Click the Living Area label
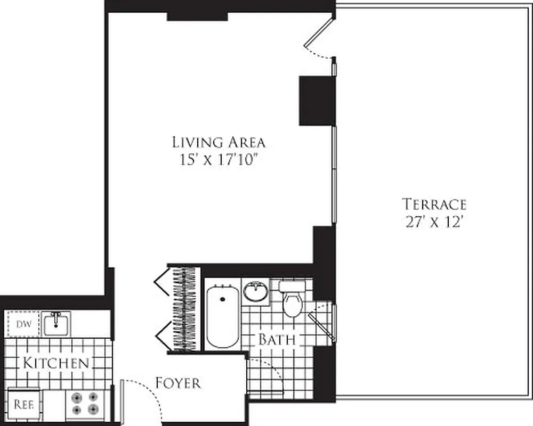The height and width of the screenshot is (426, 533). pos(219,142)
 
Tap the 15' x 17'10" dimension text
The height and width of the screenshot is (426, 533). pos(219,160)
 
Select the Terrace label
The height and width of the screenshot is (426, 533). pos(434,204)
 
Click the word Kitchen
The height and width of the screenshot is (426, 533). pos(55,364)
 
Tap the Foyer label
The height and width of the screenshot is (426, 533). pos(178,382)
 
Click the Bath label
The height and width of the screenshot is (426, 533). pos(277,339)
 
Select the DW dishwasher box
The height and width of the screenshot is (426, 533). pos(22,324)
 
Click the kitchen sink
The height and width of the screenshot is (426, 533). pos(57,323)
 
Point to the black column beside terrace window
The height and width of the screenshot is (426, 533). pos(316,101)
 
